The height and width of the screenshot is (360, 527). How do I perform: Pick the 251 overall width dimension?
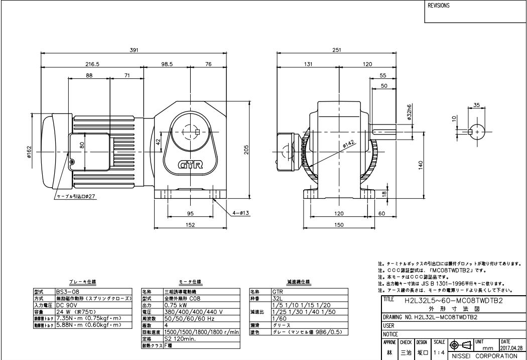pos(337,50)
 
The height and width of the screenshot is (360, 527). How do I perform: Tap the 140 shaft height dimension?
pos(421,164)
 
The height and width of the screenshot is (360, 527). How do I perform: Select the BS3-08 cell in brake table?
pos(67,291)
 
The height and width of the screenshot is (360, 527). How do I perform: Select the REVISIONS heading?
pos(439,7)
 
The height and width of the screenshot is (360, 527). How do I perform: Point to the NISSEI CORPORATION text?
pos(484,355)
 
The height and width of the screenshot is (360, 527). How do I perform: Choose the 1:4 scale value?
pos(438,353)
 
